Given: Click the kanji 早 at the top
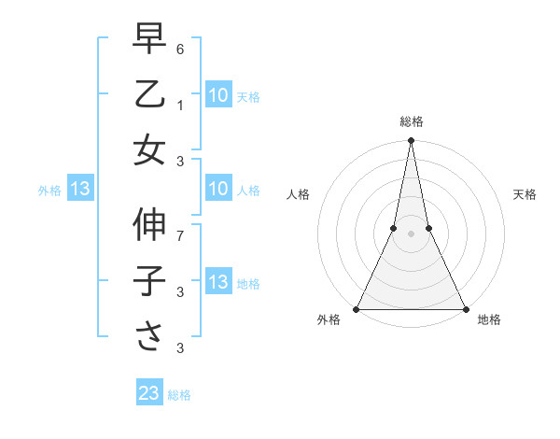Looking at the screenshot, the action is [x=149, y=40].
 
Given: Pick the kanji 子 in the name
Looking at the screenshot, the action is [x=149, y=281].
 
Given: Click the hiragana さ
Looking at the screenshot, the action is [x=149, y=336].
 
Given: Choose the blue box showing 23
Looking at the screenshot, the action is [x=149, y=393].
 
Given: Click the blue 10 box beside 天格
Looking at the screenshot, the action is [x=217, y=94].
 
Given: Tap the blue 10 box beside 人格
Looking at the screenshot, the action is [x=217, y=190].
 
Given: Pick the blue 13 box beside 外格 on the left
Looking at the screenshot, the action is [x=79, y=190].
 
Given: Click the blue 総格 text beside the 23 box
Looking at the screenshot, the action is [x=179, y=395].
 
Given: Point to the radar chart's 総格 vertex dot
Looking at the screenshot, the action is [x=411, y=141].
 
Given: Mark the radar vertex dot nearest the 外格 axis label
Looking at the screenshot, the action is [x=357, y=308].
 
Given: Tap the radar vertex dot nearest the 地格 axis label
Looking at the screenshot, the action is [x=465, y=308].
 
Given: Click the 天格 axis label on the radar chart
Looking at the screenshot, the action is [x=525, y=194].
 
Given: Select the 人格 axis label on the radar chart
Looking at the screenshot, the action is [x=298, y=194].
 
